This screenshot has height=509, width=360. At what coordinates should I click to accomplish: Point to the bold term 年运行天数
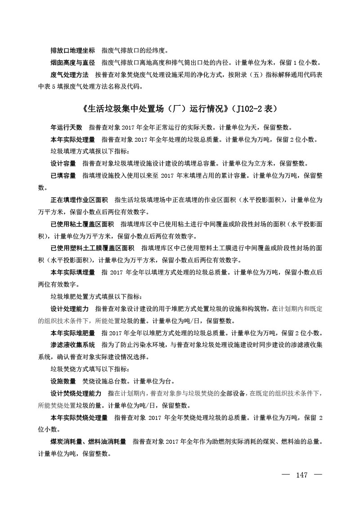click(66, 128)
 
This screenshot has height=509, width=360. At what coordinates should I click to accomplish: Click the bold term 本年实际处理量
click(72, 140)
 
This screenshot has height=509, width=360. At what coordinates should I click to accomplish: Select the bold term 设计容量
click(63, 163)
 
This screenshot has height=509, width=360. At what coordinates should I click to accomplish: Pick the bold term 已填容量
click(63, 175)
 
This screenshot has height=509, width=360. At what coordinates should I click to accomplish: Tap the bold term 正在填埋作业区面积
click(79, 199)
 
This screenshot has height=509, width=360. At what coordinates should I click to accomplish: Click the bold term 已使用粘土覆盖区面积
click(82, 224)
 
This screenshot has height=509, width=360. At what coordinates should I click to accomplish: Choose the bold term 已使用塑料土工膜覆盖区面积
click(92, 248)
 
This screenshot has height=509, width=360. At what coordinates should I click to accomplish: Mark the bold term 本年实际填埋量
click(72, 272)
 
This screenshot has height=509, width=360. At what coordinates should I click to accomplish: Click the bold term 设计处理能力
click(69, 309)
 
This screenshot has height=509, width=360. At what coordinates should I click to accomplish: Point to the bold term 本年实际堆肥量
click(72, 333)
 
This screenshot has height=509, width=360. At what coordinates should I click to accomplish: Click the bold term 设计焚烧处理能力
click(76, 393)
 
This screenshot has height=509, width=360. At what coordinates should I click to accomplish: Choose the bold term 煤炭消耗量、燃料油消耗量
click(88, 442)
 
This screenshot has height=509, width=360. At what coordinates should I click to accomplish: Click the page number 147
click(301, 475)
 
